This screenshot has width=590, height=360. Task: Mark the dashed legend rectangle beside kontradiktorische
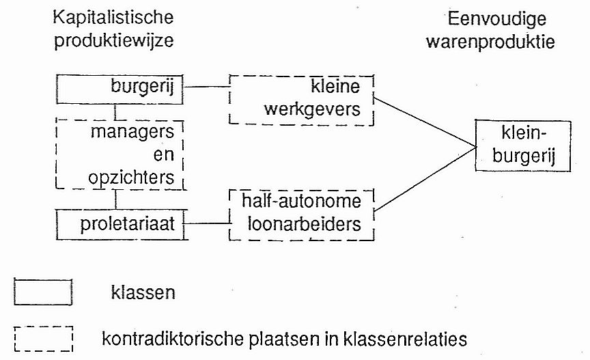[x=42, y=337]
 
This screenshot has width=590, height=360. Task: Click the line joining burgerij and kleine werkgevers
[x=208, y=87]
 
